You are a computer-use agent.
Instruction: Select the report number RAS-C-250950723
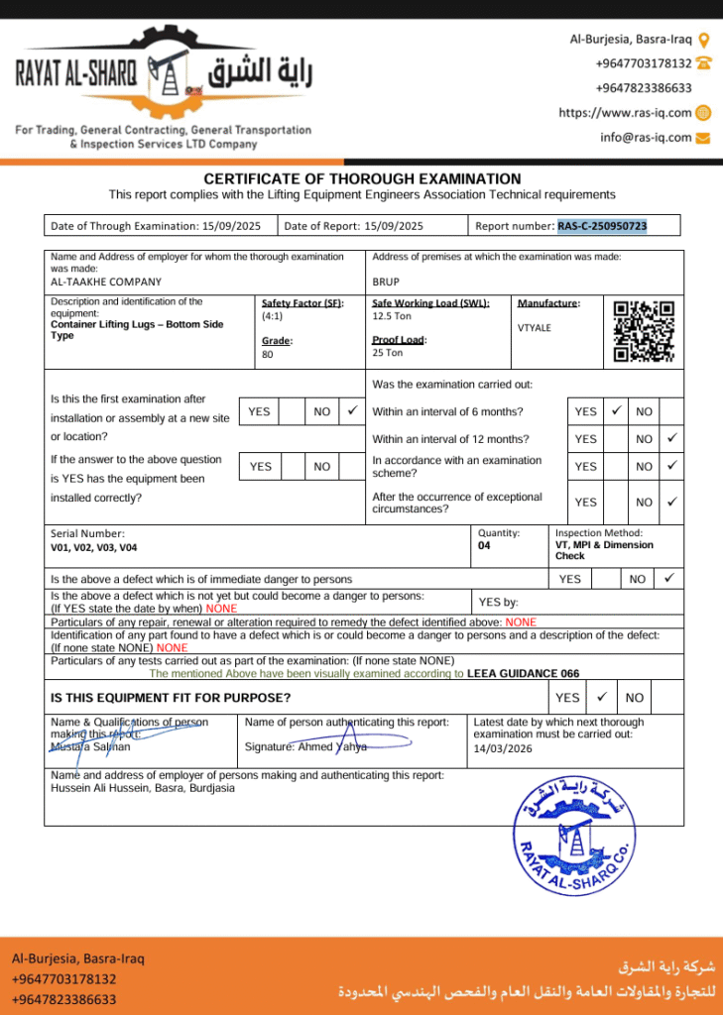pos(602,226)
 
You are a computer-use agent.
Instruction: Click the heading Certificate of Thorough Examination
pos(362,178)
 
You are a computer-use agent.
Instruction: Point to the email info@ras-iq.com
pos(645,138)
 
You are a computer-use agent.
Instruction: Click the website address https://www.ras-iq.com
pos(625,113)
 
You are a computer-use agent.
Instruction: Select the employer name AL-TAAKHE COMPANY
pos(106,282)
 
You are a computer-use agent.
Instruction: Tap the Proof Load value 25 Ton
pos(388,352)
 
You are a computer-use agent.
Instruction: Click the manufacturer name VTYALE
pos(535,327)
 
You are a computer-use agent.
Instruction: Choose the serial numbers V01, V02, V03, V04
pos(94,547)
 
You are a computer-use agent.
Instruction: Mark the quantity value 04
pos(484,545)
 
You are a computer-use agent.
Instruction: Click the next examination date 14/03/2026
pos(504,748)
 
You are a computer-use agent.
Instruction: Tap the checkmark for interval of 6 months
pos(616,410)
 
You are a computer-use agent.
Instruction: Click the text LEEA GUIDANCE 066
pos(523,674)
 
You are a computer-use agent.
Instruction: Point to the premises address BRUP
pos(387,282)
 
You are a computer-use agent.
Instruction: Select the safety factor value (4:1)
pos(273,316)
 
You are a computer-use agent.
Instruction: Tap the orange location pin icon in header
pos(704,40)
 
